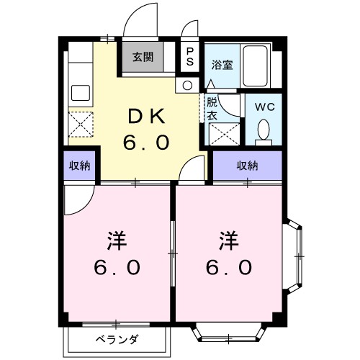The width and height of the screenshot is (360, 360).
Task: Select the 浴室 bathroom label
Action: pyautogui.click(x=221, y=65)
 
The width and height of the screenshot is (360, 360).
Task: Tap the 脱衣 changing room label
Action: pyautogui.click(x=212, y=108)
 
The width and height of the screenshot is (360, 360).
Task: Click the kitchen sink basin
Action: pyautogui.click(x=78, y=92)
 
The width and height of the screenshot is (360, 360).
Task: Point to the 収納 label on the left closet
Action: pyautogui.click(x=79, y=166)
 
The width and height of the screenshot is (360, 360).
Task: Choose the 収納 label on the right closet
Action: pyautogui.click(x=247, y=166)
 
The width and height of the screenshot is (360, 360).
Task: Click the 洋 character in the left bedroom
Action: pyautogui.click(x=116, y=238)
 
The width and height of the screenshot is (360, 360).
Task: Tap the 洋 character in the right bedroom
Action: pyautogui.click(x=229, y=238)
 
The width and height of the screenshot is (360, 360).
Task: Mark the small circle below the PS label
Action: pyautogui.click(x=188, y=85)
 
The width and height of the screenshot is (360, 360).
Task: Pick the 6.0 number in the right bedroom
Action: pyautogui.click(x=229, y=268)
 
